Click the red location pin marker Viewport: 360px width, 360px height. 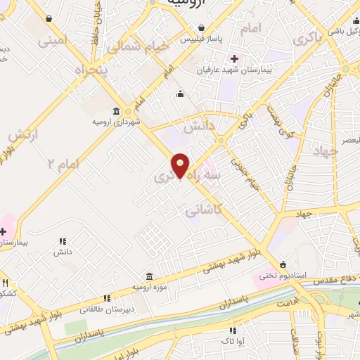point(181,165)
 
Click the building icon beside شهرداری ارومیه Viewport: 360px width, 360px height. point(117,111)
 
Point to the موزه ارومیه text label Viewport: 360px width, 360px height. point(148,288)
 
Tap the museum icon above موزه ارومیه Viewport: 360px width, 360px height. point(148,276)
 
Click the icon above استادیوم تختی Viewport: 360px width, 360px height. point(283,265)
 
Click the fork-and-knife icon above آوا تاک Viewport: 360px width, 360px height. point(233,329)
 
